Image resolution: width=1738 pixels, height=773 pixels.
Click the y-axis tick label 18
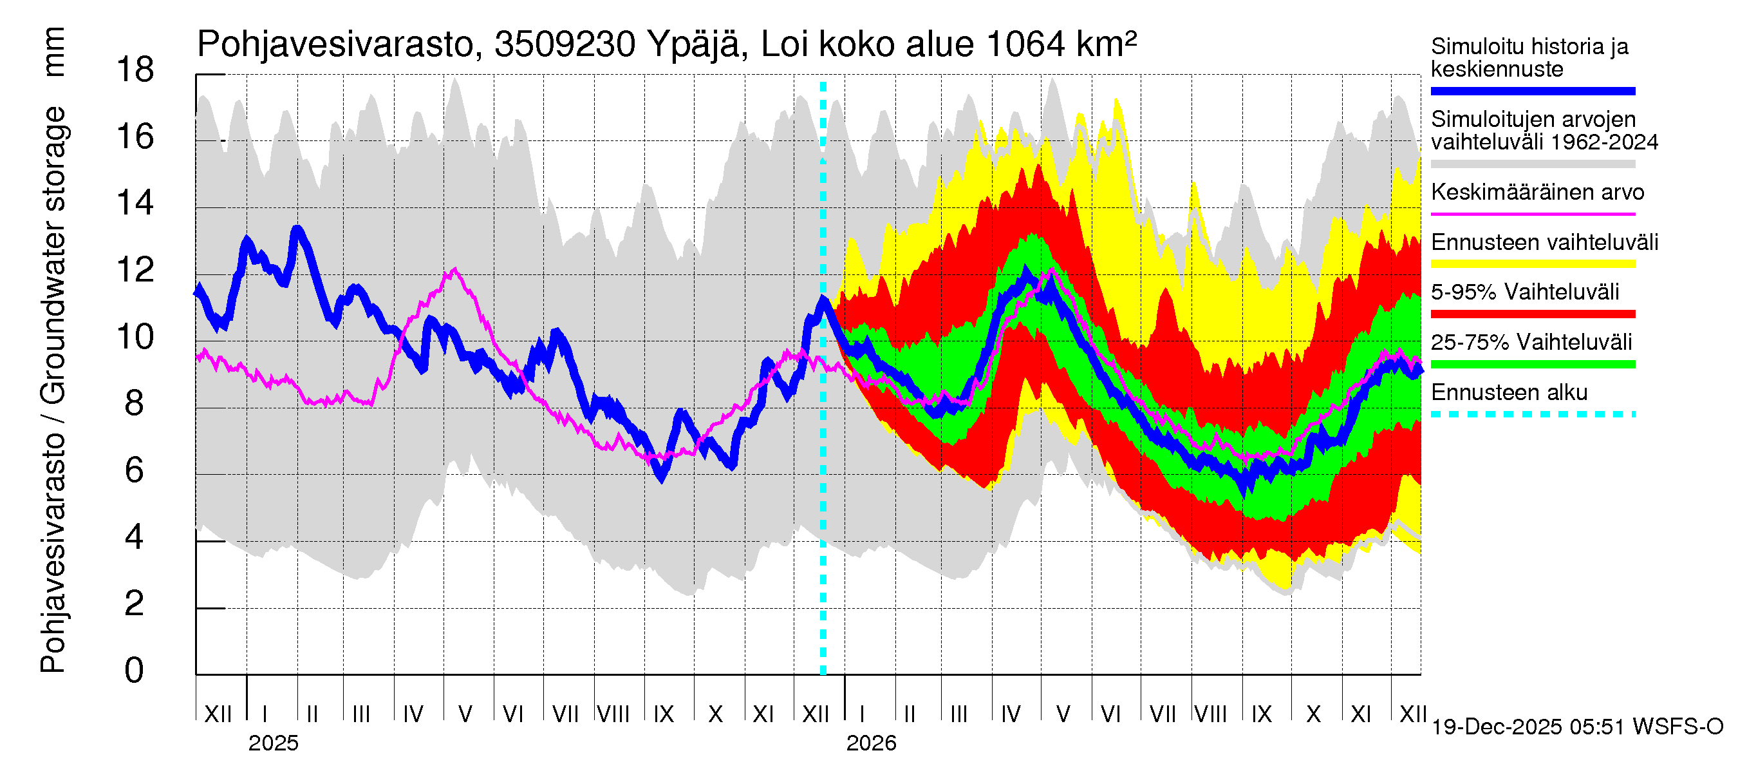pos(135,70)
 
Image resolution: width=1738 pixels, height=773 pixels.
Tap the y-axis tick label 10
pos(135,337)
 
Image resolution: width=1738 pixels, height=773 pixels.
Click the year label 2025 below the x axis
pos(273,743)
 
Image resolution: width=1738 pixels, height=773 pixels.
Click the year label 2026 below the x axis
pos(871,743)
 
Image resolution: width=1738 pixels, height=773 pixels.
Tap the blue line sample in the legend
pos(1532,91)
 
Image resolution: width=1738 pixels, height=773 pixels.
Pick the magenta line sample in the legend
pos(1532,214)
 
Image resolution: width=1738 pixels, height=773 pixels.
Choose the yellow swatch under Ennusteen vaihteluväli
pos(1532,264)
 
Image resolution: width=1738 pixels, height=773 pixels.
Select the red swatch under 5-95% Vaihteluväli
pos(1532,314)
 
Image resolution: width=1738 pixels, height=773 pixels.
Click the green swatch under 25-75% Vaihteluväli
pos(1532,365)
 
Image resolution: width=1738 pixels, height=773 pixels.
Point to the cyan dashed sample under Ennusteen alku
pos(1532,414)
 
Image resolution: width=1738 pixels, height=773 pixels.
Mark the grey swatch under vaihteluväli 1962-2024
pos(1532,164)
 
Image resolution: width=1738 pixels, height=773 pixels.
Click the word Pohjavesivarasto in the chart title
pos(336,45)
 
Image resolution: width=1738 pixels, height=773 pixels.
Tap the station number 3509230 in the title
pos(565,45)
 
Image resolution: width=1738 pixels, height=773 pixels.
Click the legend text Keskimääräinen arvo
pos(1537,193)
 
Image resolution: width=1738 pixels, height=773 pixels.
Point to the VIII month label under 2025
pos(613,714)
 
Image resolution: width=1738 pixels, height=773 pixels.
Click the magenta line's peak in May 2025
pos(454,269)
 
